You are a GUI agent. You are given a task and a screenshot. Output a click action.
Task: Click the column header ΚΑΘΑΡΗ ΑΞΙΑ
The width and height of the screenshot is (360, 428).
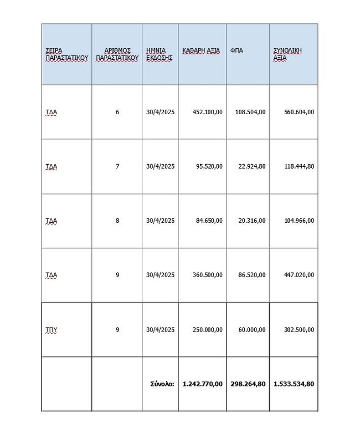(201, 51)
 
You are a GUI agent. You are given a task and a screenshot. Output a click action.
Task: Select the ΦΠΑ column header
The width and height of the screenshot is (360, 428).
(236, 51)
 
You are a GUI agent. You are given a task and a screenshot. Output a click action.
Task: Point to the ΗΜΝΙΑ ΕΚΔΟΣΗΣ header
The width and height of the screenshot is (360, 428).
(160, 54)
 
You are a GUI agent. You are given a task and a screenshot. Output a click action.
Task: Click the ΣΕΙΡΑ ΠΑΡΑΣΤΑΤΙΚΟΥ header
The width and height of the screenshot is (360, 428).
(66, 54)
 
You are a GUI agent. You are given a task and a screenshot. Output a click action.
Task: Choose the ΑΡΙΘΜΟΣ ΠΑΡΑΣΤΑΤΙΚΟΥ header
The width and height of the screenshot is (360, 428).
(116, 54)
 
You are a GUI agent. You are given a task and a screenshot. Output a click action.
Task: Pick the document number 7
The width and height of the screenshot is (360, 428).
(117, 166)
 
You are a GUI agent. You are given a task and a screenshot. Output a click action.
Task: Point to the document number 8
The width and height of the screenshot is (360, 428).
(117, 221)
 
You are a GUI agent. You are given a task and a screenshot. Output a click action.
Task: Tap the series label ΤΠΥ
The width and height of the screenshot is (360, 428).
(52, 330)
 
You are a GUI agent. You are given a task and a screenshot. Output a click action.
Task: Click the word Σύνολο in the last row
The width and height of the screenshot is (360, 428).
(162, 384)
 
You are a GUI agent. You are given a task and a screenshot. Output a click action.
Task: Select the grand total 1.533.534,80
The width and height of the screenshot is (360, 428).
(294, 384)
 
